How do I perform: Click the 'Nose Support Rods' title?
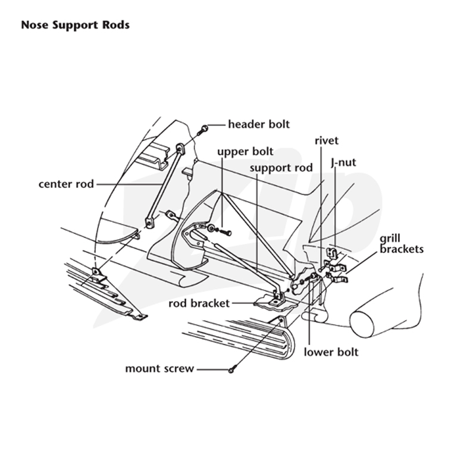pyautogui.click(x=76, y=25)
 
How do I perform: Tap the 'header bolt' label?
pyautogui.click(x=259, y=124)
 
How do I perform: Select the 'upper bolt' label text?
pyautogui.click(x=245, y=152)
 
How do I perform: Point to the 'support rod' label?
pyautogui.click(x=281, y=168)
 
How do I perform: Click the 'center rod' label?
pyautogui.click(x=66, y=184)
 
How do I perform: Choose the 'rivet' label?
pyautogui.click(x=326, y=140)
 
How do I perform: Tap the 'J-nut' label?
pyautogui.click(x=343, y=162)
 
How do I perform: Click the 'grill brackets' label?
pyautogui.click(x=401, y=243)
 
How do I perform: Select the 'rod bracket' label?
pyautogui.click(x=199, y=303)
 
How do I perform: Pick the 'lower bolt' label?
pyautogui.click(x=331, y=352)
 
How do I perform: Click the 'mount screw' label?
pyautogui.click(x=159, y=368)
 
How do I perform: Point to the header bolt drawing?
pyautogui.click(x=203, y=130)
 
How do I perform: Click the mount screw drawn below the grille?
pyautogui.click(x=232, y=369)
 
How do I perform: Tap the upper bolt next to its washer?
pyautogui.click(x=226, y=233)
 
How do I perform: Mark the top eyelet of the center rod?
pyautogui.click(x=180, y=149)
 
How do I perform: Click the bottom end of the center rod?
pyautogui.click(x=149, y=223)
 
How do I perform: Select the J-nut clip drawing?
pyautogui.click(x=332, y=253)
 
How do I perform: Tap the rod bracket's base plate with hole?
pyautogui.click(x=274, y=302)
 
